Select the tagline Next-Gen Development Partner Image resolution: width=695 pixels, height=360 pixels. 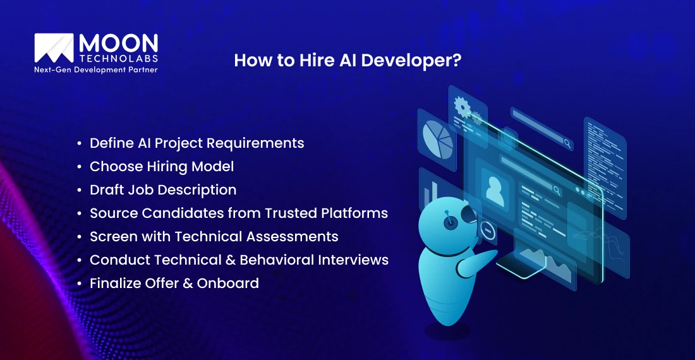point(95,69)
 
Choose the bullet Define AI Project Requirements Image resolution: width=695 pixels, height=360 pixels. point(196,143)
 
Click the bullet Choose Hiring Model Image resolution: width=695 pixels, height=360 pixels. point(162,167)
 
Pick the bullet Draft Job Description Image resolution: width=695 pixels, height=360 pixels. point(163,190)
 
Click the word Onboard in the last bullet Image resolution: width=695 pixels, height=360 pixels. point(228,284)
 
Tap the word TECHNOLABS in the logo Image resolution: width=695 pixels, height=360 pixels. point(118,59)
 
